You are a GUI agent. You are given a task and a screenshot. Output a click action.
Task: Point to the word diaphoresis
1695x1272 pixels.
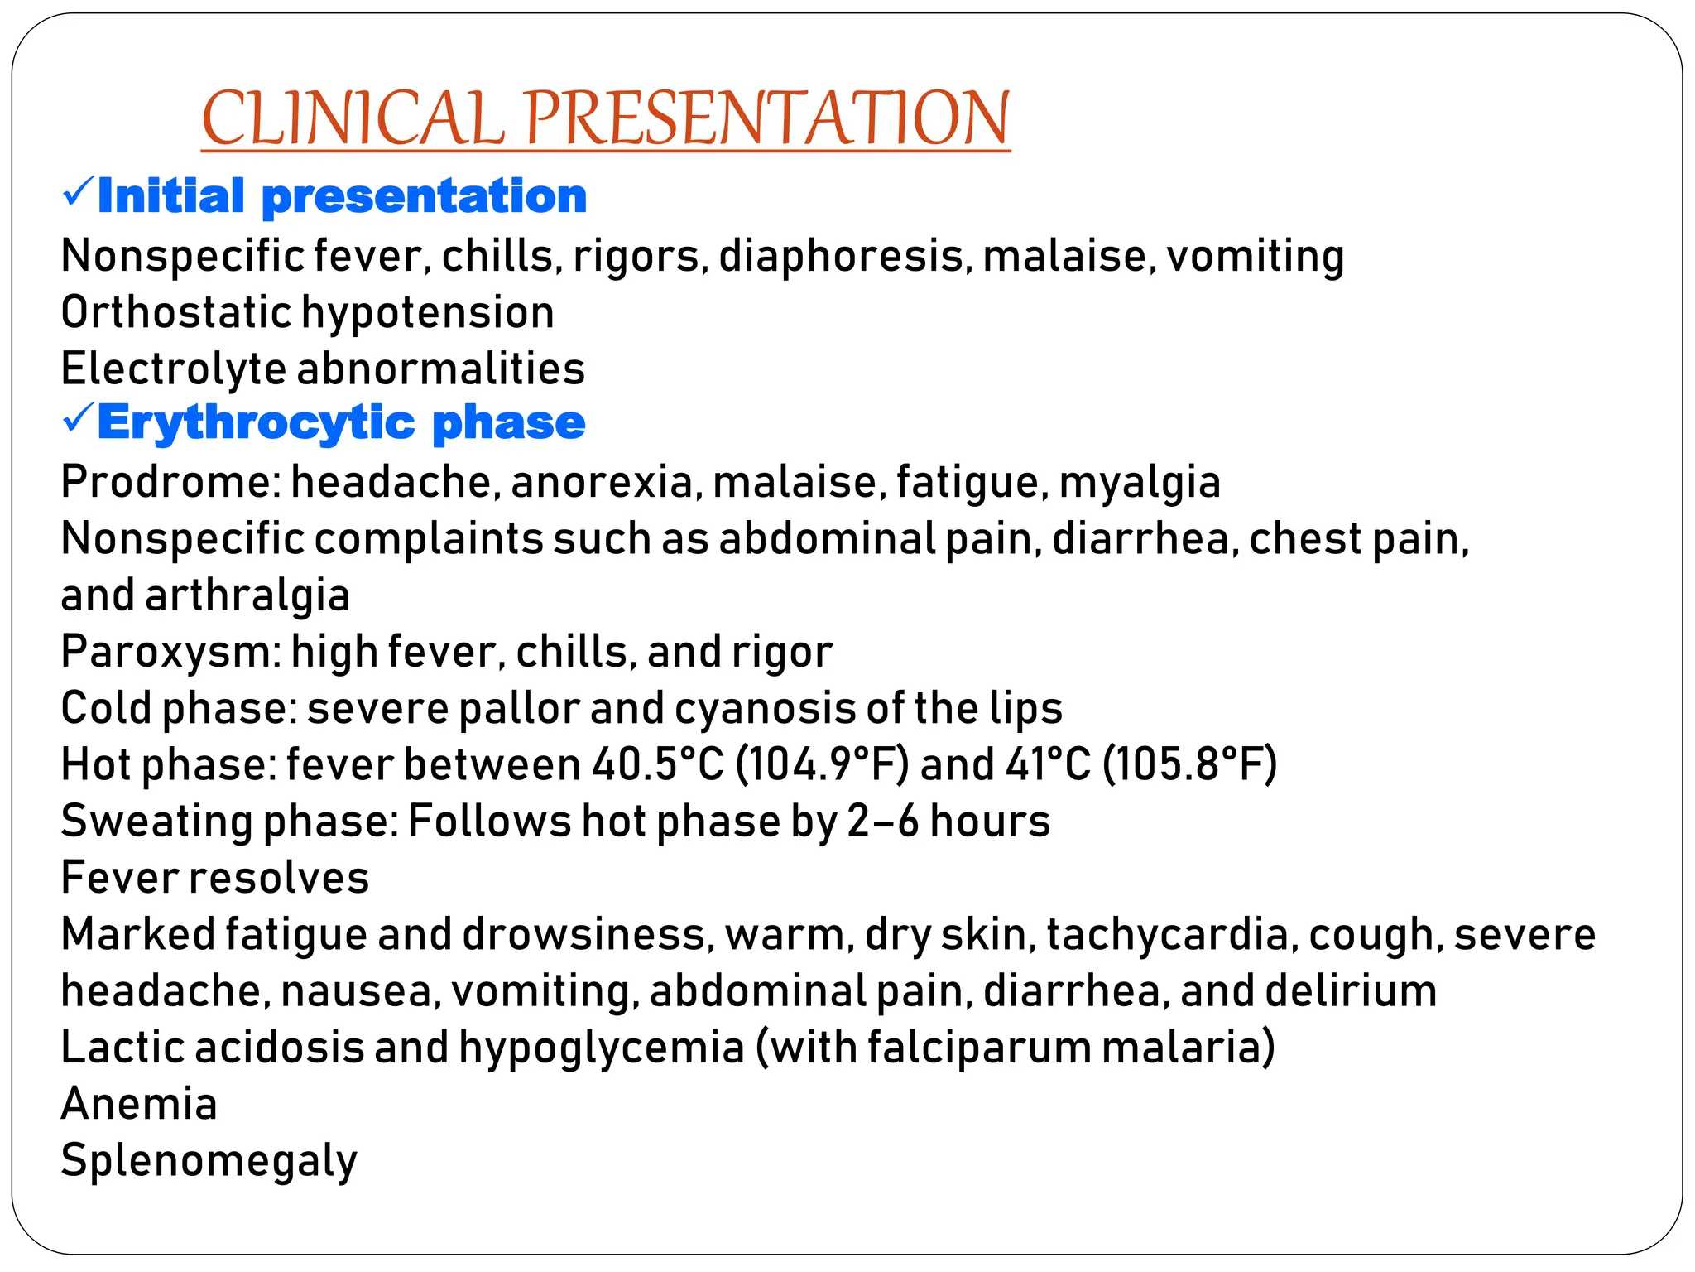point(841,257)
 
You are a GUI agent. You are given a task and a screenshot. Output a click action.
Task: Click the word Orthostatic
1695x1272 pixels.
point(176,313)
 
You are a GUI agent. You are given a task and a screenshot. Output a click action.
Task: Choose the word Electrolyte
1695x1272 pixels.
point(173,369)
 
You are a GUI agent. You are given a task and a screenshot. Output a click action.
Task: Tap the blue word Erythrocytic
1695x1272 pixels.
point(257,424)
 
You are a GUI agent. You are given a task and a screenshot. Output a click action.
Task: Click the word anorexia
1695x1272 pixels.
point(602,482)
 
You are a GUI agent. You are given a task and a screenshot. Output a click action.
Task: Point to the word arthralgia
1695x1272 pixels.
point(247,596)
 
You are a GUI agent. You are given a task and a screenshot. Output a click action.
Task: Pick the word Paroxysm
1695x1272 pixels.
point(166,653)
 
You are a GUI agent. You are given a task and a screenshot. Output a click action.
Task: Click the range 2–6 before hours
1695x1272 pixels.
point(883,821)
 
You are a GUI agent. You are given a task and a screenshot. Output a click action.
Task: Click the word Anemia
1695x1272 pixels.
point(139,1104)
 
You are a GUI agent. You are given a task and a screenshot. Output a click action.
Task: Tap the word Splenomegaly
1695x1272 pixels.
point(209,1161)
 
